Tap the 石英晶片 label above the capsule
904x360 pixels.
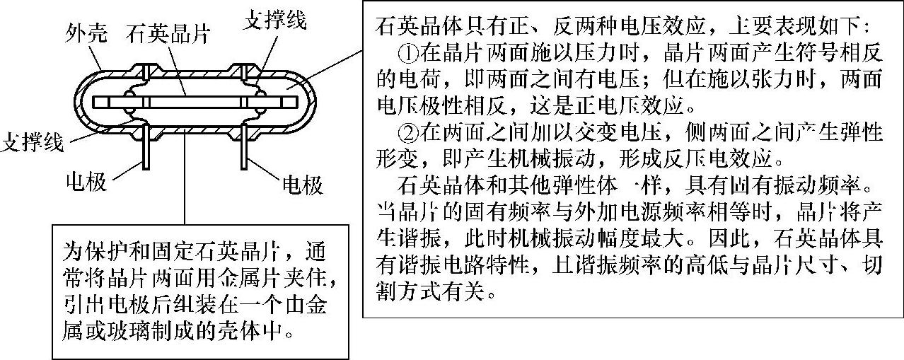(x=168, y=33)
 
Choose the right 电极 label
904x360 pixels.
(x=302, y=185)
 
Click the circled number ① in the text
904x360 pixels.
(x=408, y=54)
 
